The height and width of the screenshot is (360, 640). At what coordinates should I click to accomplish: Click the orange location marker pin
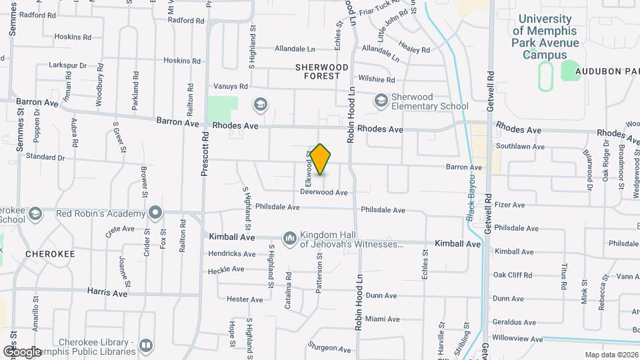coord(321,159)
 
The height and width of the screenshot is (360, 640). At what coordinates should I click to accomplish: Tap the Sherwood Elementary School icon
coord(381,101)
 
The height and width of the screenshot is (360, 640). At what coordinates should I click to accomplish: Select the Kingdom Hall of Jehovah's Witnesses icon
coord(289,238)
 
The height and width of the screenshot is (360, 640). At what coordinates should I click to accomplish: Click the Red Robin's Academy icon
coord(156,213)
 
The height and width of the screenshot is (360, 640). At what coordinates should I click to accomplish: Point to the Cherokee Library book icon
coord(145,346)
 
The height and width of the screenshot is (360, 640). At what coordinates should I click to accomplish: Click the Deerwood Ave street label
coord(324,192)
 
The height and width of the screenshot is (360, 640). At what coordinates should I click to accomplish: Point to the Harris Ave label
coord(107,292)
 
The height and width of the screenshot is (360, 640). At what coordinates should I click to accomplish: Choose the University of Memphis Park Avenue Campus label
coord(545,37)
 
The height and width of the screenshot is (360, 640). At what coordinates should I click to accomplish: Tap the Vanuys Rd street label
coord(231,86)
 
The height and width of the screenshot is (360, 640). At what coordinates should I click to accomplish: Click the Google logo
coord(23,351)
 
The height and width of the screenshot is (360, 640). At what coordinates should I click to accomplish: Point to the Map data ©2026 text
coord(611,355)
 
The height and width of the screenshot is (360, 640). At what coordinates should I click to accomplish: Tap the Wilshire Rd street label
coord(377,78)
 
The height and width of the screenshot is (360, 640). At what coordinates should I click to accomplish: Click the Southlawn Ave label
coord(520,147)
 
